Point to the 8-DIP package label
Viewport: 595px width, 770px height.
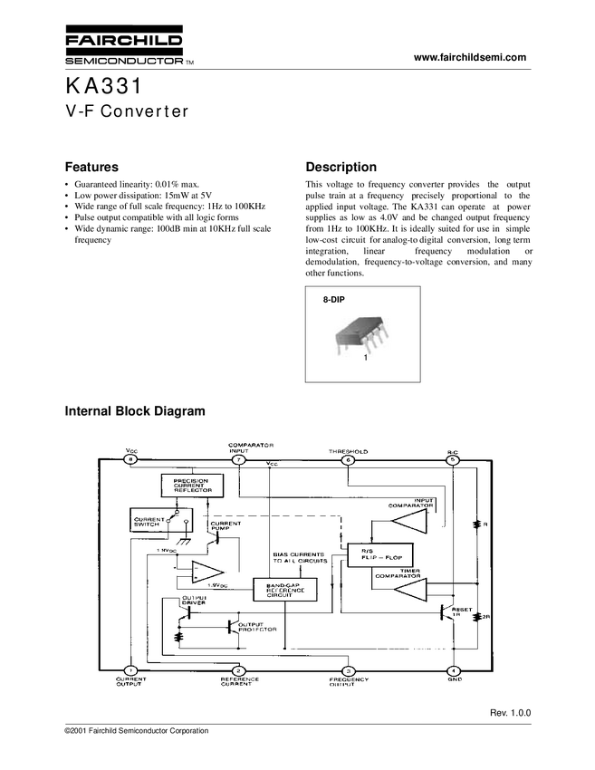click(x=335, y=298)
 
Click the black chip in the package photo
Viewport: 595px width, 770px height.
click(x=361, y=334)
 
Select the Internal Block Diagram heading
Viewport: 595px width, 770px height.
click(x=136, y=411)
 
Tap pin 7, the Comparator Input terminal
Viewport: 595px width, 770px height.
click(x=238, y=460)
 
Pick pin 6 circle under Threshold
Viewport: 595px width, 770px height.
click(x=348, y=460)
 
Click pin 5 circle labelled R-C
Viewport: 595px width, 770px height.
click(x=453, y=460)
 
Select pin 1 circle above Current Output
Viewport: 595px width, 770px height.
click(x=131, y=670)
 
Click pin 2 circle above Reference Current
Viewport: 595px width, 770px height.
click(x=238, y=670)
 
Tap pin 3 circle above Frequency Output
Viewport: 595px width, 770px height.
click(x=348, y=670)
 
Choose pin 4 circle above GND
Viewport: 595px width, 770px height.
click(x=453, y=670)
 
